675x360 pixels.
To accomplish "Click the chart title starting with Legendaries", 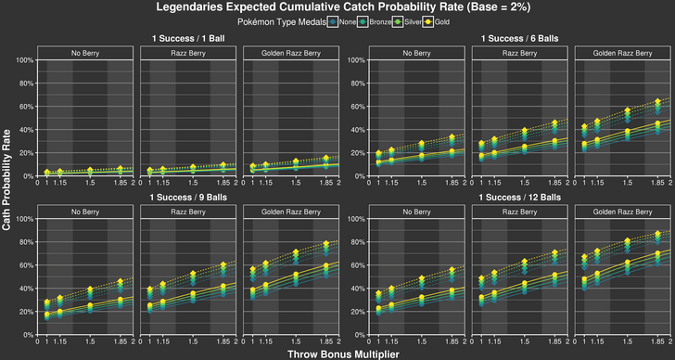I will [x=337, y=7].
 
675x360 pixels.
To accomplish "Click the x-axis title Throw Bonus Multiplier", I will [x=337, y=353].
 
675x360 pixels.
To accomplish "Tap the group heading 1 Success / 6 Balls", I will [x=504, y=39].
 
